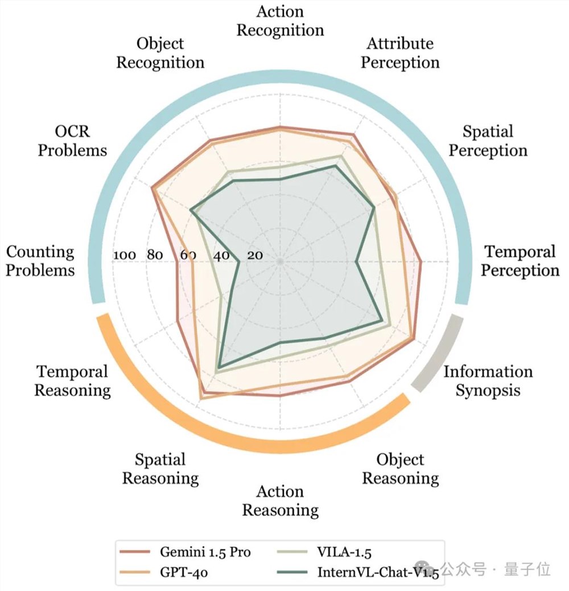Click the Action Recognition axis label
tap(280, 20)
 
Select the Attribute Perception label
tap(400, 53)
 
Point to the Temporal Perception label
tap(519, 261)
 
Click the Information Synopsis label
tap(488, 381)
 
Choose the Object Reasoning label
tap(400, 469)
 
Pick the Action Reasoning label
tap(280, 500)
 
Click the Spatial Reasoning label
tap(160, 469)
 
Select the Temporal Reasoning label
tap(72, 381)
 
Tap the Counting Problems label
tap(40, 261)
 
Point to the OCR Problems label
tap(72, 141)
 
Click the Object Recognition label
tap(160, 53)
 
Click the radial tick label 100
tap(124, 255)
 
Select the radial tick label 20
tap(254, 255)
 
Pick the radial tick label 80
tap(155, 255)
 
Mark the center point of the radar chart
tap(280, 261)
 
